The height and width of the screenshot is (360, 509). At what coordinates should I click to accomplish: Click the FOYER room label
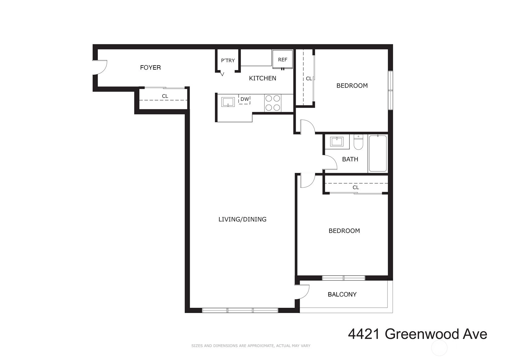pyautogui.click(x=151, y=67)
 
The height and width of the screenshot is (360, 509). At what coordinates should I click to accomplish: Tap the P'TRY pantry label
pyautogui.click(x=228, y=61)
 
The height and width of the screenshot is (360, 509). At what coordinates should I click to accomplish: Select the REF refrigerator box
pyautogui.click(x=282, y=59)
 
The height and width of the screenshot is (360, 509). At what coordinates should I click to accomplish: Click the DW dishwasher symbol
pyautogui.click(x=244, y=99)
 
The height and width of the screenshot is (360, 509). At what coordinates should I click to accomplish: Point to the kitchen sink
pyautogui.click(x=228, y=102)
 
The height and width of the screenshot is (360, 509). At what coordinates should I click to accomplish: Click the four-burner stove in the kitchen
pyautogui.click(x=273, y=103)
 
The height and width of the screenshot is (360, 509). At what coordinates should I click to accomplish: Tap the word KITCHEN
pyautogui.click(x=262, y=79)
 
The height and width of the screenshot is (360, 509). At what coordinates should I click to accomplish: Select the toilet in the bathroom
pyautogui.click(x=358, y=142)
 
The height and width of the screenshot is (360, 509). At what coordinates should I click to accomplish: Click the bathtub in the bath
pyautogui.click(x=378, y=153)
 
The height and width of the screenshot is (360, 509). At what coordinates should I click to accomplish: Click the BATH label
pyautogui.click(x=350, y=159)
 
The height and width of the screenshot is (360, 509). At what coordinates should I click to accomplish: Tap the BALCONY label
pyautogui.click(x=342, y=294)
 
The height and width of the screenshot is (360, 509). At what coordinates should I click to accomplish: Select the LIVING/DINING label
pyautogui.click(x=242, y=219)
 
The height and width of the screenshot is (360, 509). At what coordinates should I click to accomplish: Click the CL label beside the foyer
pyautogui.click(x=165, y=96)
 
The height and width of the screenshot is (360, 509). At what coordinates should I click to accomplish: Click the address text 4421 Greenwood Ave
pyautogui.click(x=418, y=334)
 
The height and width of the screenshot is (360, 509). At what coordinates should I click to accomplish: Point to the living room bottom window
pyautogui.click(x=240, y=310)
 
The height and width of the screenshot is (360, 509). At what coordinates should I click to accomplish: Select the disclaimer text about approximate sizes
pyautogui.click(x=251, y=346)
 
